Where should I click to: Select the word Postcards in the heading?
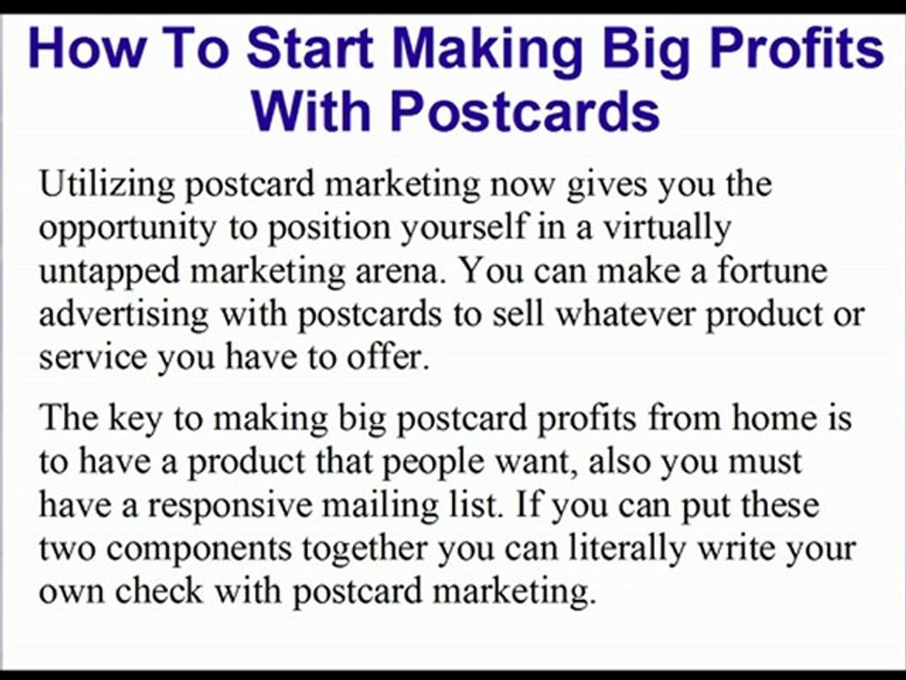point(524,111)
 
